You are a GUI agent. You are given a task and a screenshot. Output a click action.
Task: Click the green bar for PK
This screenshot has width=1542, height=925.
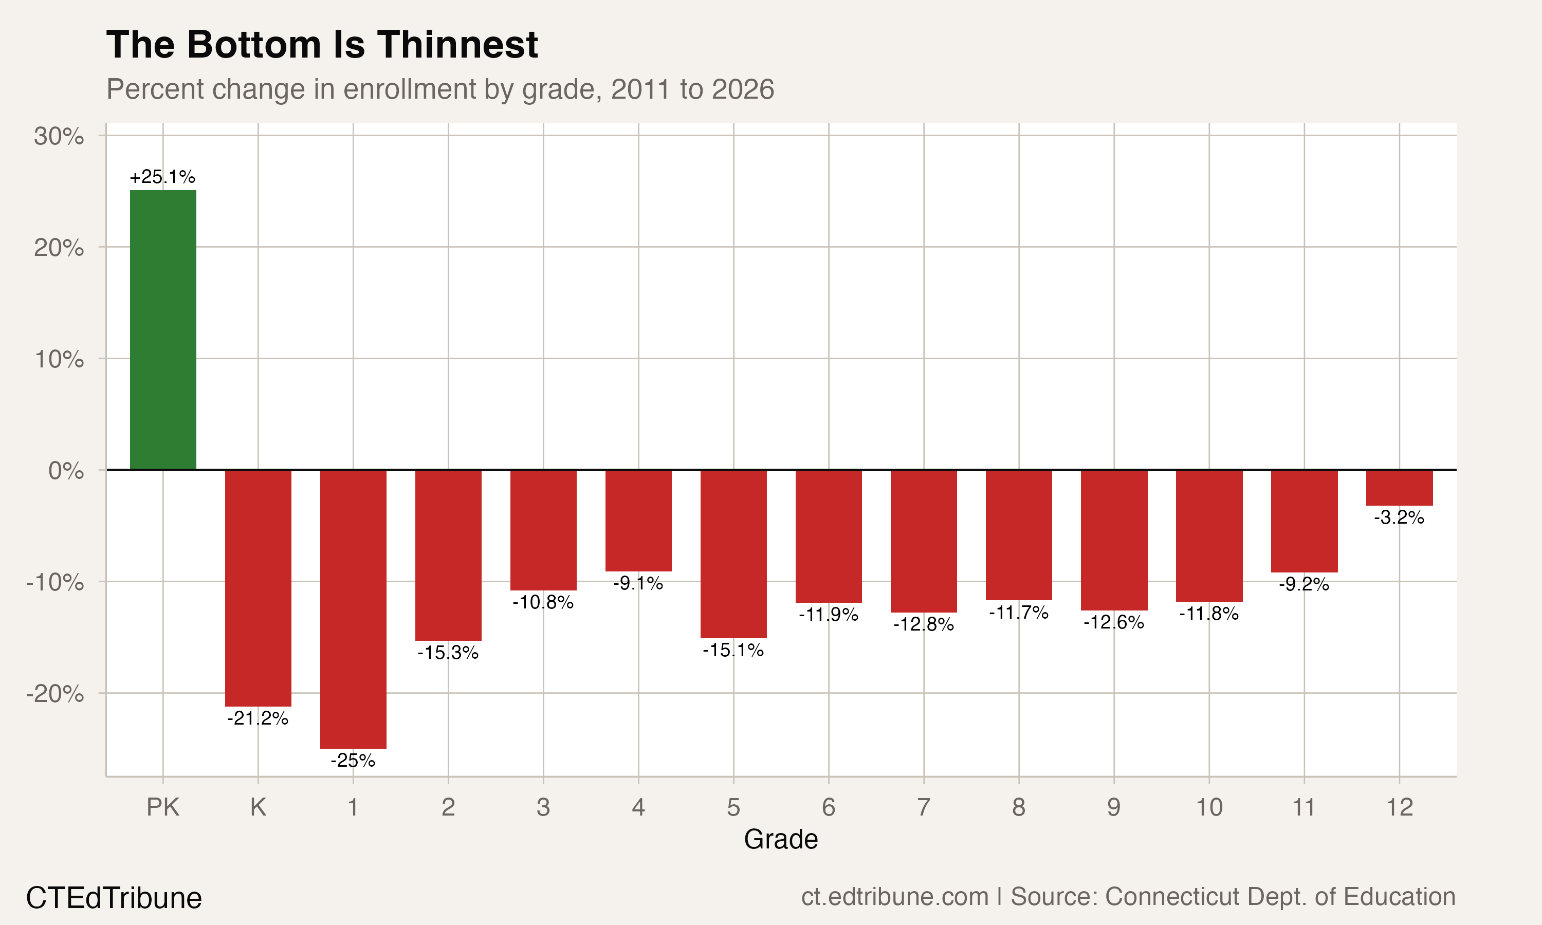[162, 330]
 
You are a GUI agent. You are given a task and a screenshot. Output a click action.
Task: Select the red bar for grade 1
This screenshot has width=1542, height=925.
[353, 609]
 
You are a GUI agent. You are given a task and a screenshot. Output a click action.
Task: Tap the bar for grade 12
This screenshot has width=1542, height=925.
[1399, 488]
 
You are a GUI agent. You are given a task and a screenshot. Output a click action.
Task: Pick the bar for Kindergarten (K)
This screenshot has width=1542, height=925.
[258, 588]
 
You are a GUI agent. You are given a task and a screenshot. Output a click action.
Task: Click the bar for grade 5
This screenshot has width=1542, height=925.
[733, 553]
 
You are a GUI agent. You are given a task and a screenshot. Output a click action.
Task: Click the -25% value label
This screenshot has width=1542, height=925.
[353, 761]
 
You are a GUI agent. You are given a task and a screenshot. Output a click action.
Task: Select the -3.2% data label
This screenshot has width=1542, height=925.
[1399, 517]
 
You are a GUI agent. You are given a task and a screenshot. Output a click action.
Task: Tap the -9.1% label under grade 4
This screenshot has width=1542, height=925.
[638, 583]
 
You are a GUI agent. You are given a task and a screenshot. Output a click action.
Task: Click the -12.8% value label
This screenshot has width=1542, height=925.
[924, 624]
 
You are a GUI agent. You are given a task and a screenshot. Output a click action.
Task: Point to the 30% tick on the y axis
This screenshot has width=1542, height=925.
[59, 136]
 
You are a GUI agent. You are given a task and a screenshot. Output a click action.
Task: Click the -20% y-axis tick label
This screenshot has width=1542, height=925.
[55, 693]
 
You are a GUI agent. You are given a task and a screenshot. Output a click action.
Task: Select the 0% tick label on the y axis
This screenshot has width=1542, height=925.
[66, 471]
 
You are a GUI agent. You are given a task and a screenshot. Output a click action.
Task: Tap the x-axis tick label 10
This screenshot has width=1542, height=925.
[1209, 807]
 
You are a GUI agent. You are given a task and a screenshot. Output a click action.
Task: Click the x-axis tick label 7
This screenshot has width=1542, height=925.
[924, 807]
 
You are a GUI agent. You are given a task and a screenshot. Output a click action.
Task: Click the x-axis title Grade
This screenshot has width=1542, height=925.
[780, 839]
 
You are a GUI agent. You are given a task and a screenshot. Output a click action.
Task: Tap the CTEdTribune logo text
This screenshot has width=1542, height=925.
[114, 898]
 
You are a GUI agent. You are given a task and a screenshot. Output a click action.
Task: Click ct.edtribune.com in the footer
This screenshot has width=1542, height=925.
[894, 896]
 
